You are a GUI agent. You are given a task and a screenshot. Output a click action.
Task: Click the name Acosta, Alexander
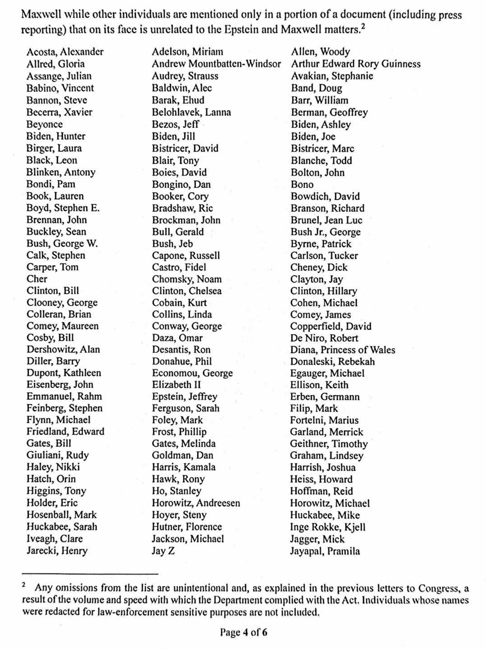65,52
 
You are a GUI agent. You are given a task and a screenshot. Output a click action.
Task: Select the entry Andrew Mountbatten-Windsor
216,64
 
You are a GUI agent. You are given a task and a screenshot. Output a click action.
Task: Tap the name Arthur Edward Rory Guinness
356,64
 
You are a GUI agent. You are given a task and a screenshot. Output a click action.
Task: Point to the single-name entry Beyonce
44,124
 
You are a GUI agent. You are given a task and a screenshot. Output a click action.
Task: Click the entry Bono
302,184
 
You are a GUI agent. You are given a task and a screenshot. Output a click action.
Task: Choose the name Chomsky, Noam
187,279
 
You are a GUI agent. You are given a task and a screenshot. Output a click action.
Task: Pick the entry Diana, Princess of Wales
343,350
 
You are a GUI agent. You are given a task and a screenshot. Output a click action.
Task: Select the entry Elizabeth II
176,385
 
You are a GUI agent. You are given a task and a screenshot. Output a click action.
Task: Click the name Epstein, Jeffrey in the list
184,397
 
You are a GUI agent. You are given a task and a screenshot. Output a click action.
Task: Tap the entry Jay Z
163,551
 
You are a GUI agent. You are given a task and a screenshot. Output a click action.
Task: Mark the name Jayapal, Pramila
325,551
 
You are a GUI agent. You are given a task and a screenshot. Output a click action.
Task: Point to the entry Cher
37,279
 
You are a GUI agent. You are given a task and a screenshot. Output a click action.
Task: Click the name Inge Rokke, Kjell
328,527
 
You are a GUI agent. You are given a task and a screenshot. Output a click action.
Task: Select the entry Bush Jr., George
326,232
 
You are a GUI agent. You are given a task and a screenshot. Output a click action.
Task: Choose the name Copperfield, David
330,326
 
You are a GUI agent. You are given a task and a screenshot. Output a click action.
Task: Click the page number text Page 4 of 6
243,632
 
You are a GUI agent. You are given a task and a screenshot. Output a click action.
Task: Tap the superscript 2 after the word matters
363,26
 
